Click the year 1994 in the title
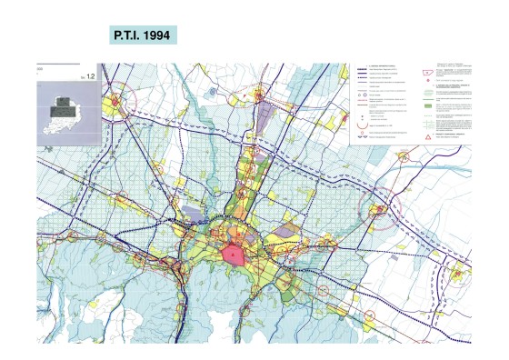point(153,35)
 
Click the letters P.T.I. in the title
point(125,35)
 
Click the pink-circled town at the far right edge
point(460,274)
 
